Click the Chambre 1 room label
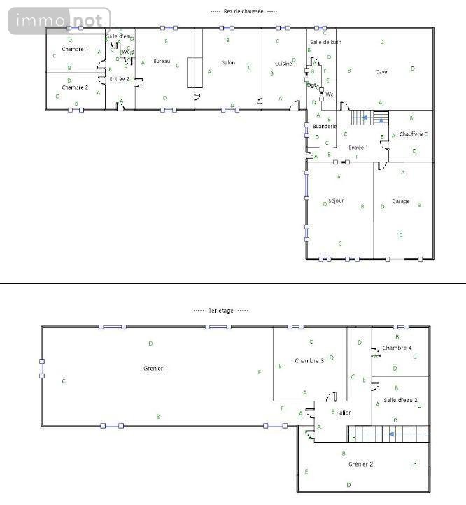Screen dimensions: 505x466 click(75, 50)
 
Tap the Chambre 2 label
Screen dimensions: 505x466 click(75, 87)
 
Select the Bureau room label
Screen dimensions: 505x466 click(162, 62)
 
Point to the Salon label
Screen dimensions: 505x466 click(227, 63)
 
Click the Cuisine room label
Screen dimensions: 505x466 click(283, 64)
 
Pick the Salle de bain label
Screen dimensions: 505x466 click(325, 43)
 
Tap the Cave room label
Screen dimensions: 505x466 click(381, 71)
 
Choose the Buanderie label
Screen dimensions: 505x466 click(325, 126)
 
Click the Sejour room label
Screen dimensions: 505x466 click(336, 201)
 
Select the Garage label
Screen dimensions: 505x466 click(400, 201)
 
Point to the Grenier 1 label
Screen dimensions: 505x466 click(155, 368)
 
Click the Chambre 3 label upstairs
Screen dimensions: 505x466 click(309, 361)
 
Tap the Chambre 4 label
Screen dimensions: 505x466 click(397, 348)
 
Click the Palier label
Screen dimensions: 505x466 click(343, 413)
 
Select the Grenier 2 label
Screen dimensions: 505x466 click(361, 464)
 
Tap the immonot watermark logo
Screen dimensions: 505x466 click(59, 20)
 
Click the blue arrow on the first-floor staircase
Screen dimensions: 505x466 click(392, 434)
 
